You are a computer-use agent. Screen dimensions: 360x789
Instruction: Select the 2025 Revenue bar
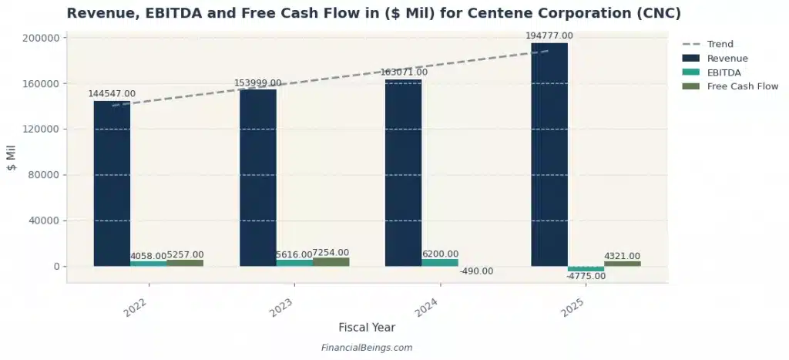point(549,154)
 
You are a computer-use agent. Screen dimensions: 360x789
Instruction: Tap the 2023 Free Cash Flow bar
point(331,262)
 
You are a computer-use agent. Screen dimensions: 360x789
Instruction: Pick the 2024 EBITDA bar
point(440,263)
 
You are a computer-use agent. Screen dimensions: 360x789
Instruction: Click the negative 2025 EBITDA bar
point(586,269)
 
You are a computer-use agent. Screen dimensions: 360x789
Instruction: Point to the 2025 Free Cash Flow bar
point(622,264)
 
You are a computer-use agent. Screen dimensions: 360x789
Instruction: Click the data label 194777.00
point(549,35)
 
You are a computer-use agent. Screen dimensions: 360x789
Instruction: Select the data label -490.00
point(476,271)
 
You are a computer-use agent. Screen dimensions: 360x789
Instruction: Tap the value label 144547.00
point(112,93)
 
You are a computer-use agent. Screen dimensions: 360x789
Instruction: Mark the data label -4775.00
point(586,277)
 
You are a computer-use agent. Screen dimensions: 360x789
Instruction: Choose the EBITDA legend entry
point(724,72)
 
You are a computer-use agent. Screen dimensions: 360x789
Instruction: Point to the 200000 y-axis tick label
point(42,38)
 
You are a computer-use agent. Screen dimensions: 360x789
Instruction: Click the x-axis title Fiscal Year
point(367,328)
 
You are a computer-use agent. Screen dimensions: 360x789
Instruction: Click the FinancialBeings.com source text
point(367,348)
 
